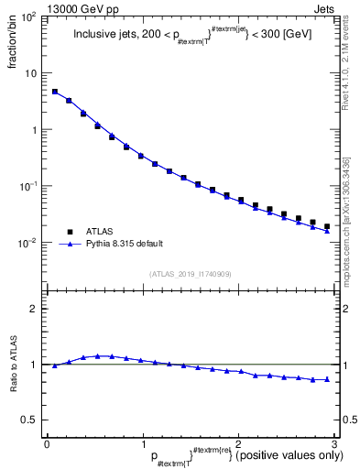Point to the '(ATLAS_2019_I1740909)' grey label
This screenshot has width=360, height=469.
tap(191, 275)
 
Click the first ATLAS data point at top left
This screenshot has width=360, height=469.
tap(55, 92)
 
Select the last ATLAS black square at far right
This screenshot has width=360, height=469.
tap(327, 226)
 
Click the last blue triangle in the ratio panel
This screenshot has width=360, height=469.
tap(327, 379)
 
